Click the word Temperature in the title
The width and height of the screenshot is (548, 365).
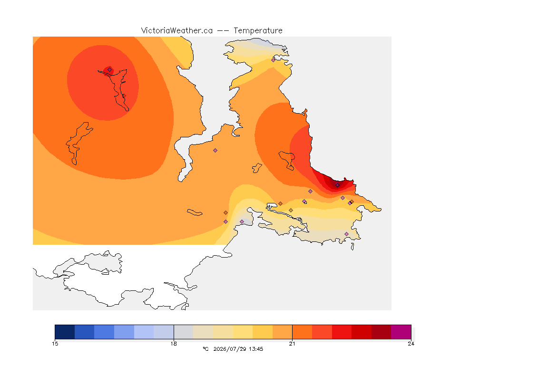coord(258,31)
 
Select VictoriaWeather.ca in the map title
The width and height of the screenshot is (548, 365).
coord(177,31)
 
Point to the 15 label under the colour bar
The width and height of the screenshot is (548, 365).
coord(55,344)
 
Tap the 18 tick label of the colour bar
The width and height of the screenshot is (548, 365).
coord(174,344)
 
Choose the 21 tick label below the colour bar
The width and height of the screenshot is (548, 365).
coord(292,344)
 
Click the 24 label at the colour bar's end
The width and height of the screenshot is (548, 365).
coord(411,344)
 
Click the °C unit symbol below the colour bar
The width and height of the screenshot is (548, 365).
coord(205,349)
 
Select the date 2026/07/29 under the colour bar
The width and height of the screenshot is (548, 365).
coord(230,349)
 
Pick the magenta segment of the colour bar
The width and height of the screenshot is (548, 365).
coord(401,332)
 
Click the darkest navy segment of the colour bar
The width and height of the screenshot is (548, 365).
coord(65,332)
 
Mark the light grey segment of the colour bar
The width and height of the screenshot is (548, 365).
coord(184,332)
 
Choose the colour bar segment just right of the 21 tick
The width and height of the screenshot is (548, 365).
coord(303,332)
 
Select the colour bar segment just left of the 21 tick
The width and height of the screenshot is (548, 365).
coord(283,332)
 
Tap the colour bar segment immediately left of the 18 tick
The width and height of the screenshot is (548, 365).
coord(164,332)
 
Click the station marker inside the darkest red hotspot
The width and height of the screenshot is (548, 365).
coord(337,185)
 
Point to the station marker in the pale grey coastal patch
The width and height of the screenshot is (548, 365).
coord(242,222)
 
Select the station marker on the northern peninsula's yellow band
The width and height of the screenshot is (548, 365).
coord(274,60)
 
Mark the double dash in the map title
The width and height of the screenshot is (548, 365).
coord(223,31)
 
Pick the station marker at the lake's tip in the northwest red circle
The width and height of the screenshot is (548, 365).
coord(110,70)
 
